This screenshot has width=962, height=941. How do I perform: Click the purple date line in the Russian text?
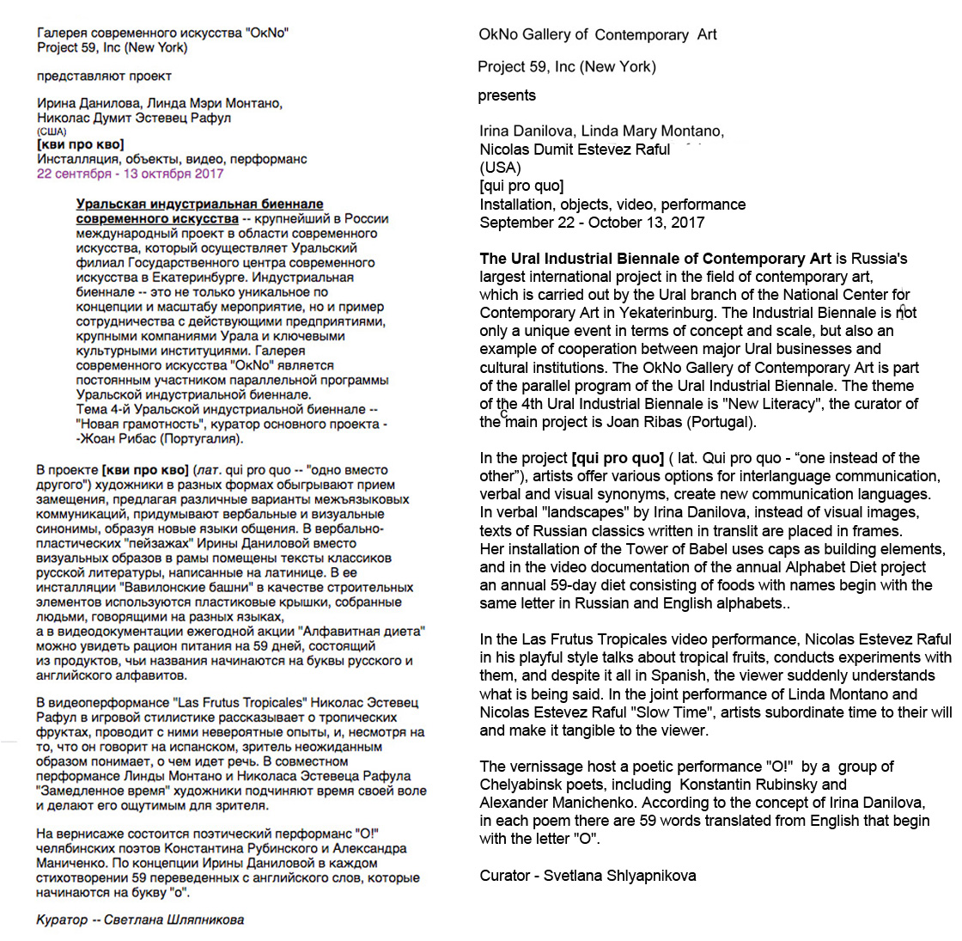coord(130,174)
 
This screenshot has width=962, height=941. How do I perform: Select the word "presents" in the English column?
coord(507,95)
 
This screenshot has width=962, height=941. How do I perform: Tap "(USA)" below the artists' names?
coord(501,168)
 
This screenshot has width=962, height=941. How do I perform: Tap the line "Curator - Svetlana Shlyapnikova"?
coord(588,876)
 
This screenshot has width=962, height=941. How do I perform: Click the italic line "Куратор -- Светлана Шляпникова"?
coord(140,920)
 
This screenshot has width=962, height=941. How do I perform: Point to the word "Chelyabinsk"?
coord(521,785)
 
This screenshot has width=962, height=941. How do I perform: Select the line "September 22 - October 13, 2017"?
coord(592,223)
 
